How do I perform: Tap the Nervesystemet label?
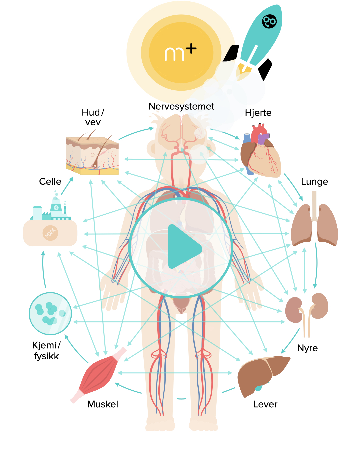181,106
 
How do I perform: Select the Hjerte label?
258,113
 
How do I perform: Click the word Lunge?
314,182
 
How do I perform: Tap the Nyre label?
307,348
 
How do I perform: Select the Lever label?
265,404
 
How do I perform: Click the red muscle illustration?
98,375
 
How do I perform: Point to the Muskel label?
103,404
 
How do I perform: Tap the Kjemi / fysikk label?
46,351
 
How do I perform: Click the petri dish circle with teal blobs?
50,313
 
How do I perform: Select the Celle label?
50,182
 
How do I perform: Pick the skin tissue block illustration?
92,155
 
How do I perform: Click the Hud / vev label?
93,117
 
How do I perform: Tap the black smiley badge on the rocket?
269,21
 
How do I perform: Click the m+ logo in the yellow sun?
181,53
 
